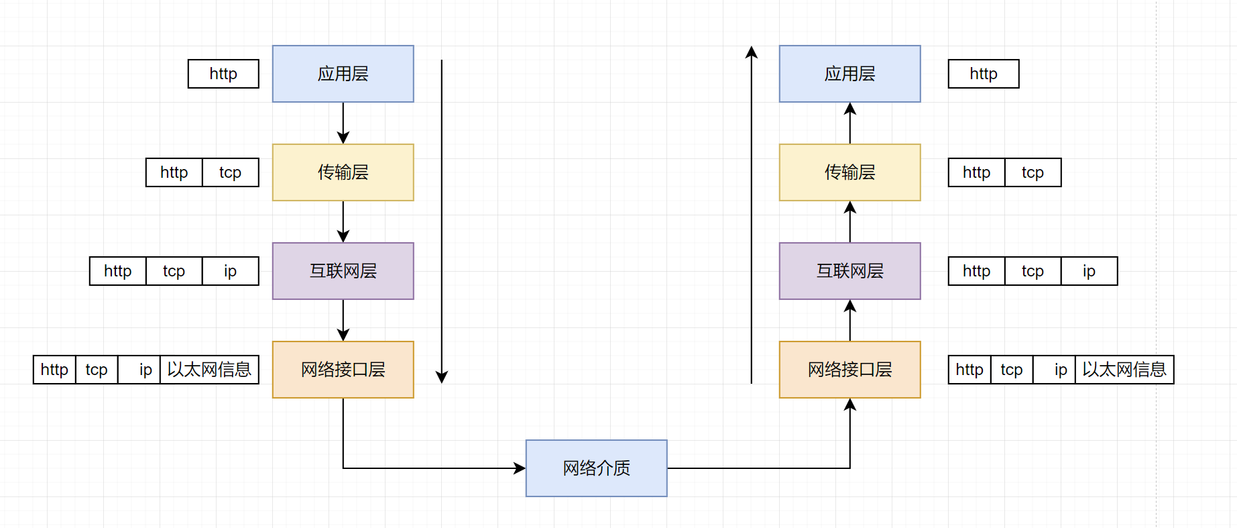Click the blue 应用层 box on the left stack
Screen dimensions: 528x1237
click(x=343, y=74)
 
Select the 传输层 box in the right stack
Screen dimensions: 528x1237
click(x=849, y=172)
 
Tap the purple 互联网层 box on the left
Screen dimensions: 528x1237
click(x=343, y=271)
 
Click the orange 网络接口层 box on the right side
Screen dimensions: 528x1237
click(x=849, y=370)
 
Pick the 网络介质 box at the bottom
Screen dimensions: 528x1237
click(x=596, y=468)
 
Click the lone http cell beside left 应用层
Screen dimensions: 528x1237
click(x=223, y=74)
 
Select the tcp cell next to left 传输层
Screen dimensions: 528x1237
click(x=230, y=172)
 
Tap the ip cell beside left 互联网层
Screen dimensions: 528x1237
click(x=230, y=271)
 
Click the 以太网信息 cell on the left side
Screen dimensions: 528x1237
click(x=209, y=370)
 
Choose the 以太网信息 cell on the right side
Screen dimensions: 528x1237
click(x=1124, y=370)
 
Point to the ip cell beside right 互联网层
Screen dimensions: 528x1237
click(x=1089, y=271)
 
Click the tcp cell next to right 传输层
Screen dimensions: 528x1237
click(x=1033, y=172)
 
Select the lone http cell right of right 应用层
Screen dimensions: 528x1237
click(x=984, y=74)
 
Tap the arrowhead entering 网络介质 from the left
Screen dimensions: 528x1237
click(x=520, y=468)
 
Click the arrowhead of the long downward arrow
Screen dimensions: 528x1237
click(x=442, y=377)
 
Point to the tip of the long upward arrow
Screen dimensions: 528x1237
click(x=752, y=52)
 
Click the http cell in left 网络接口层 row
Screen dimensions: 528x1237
click(x=54, y=370)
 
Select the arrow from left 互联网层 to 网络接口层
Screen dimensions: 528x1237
click(x=343, y=320)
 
